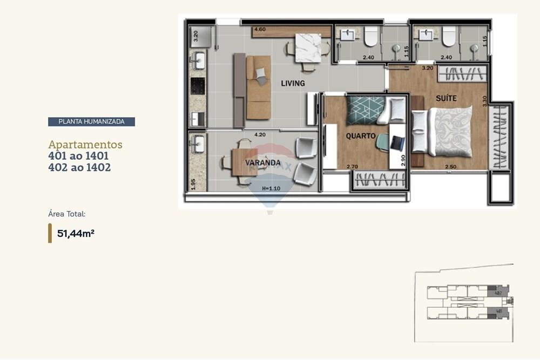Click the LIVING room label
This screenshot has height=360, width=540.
pyautogui.click(x=293, y=83)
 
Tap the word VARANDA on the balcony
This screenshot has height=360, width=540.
pyautogui.click(x=262, y=162)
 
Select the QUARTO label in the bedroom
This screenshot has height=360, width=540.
pyautogui.click(x=360, y=136)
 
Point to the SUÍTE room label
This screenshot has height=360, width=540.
pyautogui.click(x=446, y=98)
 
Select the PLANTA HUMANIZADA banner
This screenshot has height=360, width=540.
pyautogui.click(x=91, y=121)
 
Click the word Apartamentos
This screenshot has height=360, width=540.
pyautogui.click(x=85, y=145)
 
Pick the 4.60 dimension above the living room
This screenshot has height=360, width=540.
pyautogui.click(x=260, y=29)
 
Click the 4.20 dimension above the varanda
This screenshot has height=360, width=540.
pyautogui.click(x=260, y=134)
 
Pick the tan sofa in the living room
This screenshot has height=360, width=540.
pyautogui.click(x=259, y=87)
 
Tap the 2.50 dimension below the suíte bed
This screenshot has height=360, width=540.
pyautogui.click(x=451, y=167)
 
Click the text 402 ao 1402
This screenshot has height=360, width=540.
pyautogui.click(x=79, y=167)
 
